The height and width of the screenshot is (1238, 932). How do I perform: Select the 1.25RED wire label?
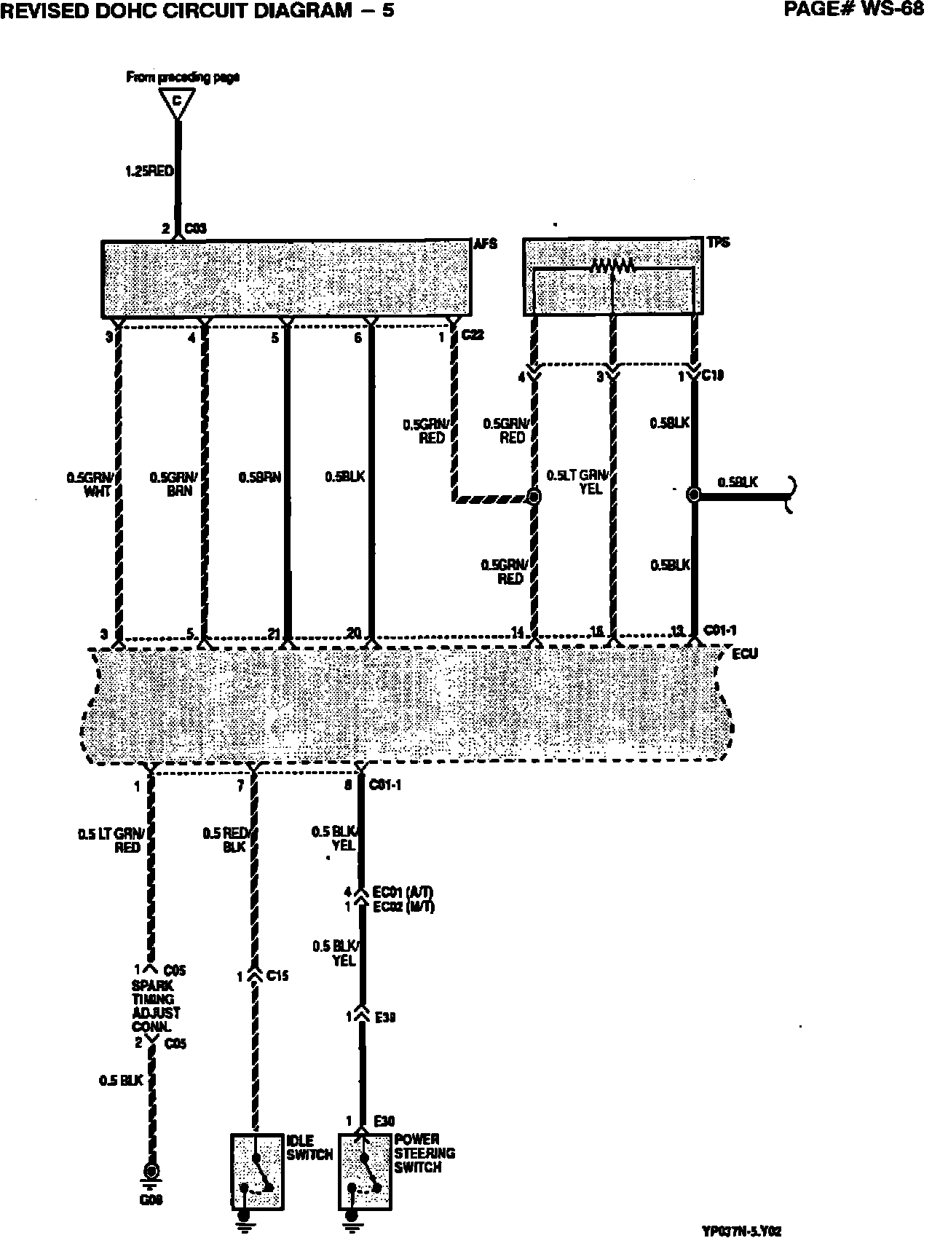click(x=149, y=172)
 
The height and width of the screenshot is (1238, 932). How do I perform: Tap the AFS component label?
click(x=486, y=244)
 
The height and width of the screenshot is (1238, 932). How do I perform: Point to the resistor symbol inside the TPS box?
click(x=613, y=267)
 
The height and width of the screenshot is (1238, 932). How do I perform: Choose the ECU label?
click(x=745, y=653)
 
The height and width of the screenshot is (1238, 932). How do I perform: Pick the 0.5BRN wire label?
click(x=259, y=477)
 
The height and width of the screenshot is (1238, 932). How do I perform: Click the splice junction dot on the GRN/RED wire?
click(x=534, y=497)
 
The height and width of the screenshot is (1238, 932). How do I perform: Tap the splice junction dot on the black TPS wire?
click(x=694, y=495)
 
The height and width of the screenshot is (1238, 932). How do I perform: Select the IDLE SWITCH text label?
click(x=309, y=1148)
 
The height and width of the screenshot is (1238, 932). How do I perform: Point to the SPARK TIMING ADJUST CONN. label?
click(x=156, y=1006)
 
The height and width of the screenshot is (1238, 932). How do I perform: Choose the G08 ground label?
click(x=151, y=1200)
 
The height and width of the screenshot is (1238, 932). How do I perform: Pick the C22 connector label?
click(x=473, y=336)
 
